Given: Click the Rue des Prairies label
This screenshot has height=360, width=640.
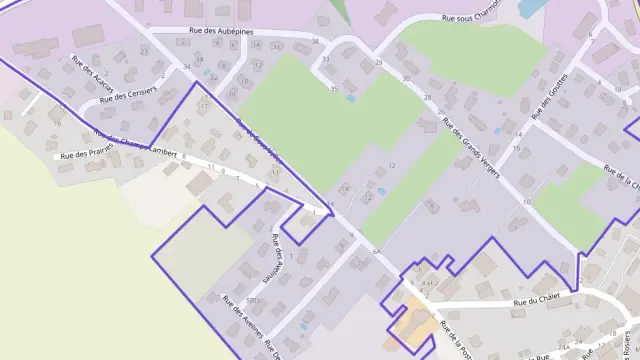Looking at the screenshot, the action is coord(84,152).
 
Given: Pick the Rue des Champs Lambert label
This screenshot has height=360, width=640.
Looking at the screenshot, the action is coord(141,146).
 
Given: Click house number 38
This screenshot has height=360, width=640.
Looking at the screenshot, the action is coord(315,42).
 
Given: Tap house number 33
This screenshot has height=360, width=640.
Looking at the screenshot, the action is coord(327,61).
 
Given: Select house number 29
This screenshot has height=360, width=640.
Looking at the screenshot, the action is coord(378,63).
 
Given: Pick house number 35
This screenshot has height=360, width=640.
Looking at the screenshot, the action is coord(334,89).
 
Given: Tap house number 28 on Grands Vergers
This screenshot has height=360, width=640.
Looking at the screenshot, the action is coord(427,97).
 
